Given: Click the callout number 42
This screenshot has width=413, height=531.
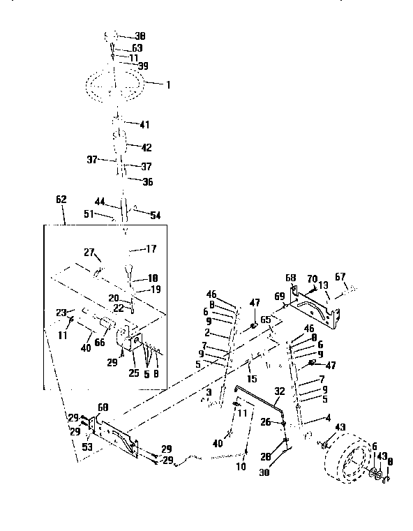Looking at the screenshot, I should tap(146, 147).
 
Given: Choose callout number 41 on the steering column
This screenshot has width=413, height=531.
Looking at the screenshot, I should tap(144, 125).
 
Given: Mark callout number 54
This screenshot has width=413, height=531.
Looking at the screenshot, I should tap(155, 216).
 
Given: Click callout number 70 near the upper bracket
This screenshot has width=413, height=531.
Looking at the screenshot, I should tap(312, 278).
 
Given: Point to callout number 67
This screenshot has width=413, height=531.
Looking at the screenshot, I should tap(340, 277).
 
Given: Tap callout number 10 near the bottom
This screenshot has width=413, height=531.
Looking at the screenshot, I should tap(241, 466).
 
